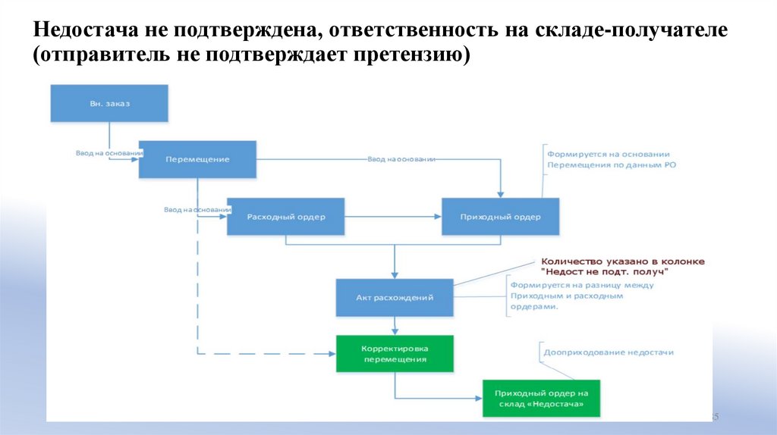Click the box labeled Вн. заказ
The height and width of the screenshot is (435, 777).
109,103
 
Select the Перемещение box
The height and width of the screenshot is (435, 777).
197,159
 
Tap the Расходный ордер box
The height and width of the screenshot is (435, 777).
286,217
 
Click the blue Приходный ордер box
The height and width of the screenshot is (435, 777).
501,217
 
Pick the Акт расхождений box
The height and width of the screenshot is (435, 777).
395,298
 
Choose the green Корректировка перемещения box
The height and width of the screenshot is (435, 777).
395,354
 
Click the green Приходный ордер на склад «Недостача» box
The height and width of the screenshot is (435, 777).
541,399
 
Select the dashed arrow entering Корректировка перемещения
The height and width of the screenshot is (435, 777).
266,354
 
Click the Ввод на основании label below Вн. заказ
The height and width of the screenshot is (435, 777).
109,153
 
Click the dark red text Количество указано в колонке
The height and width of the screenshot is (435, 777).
622,261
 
